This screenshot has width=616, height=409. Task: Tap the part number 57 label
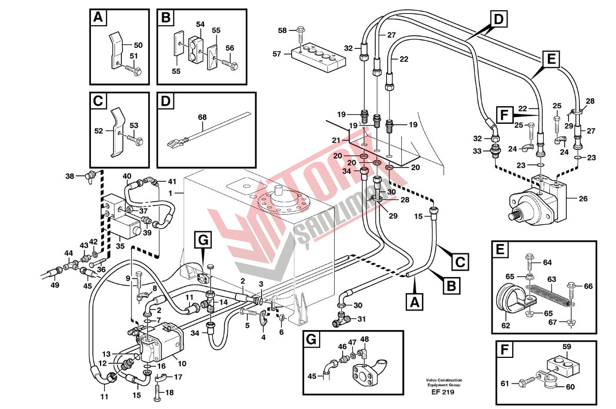coord(277,54)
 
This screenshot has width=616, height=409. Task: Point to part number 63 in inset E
coord(552,279)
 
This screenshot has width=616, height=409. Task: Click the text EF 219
coord(444,392)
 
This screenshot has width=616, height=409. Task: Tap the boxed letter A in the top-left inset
coord(97,19)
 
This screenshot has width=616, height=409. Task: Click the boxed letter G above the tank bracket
coord(203,239)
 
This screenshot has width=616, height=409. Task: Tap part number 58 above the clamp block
coord(282,30)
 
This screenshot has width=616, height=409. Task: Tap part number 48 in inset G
coord(365,339)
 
